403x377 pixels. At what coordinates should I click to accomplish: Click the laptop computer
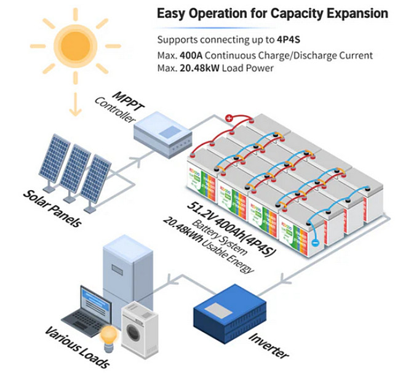(87, 311)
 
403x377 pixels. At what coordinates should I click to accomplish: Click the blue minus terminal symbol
(316, 244)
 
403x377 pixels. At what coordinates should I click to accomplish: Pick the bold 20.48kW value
(196, 68)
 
